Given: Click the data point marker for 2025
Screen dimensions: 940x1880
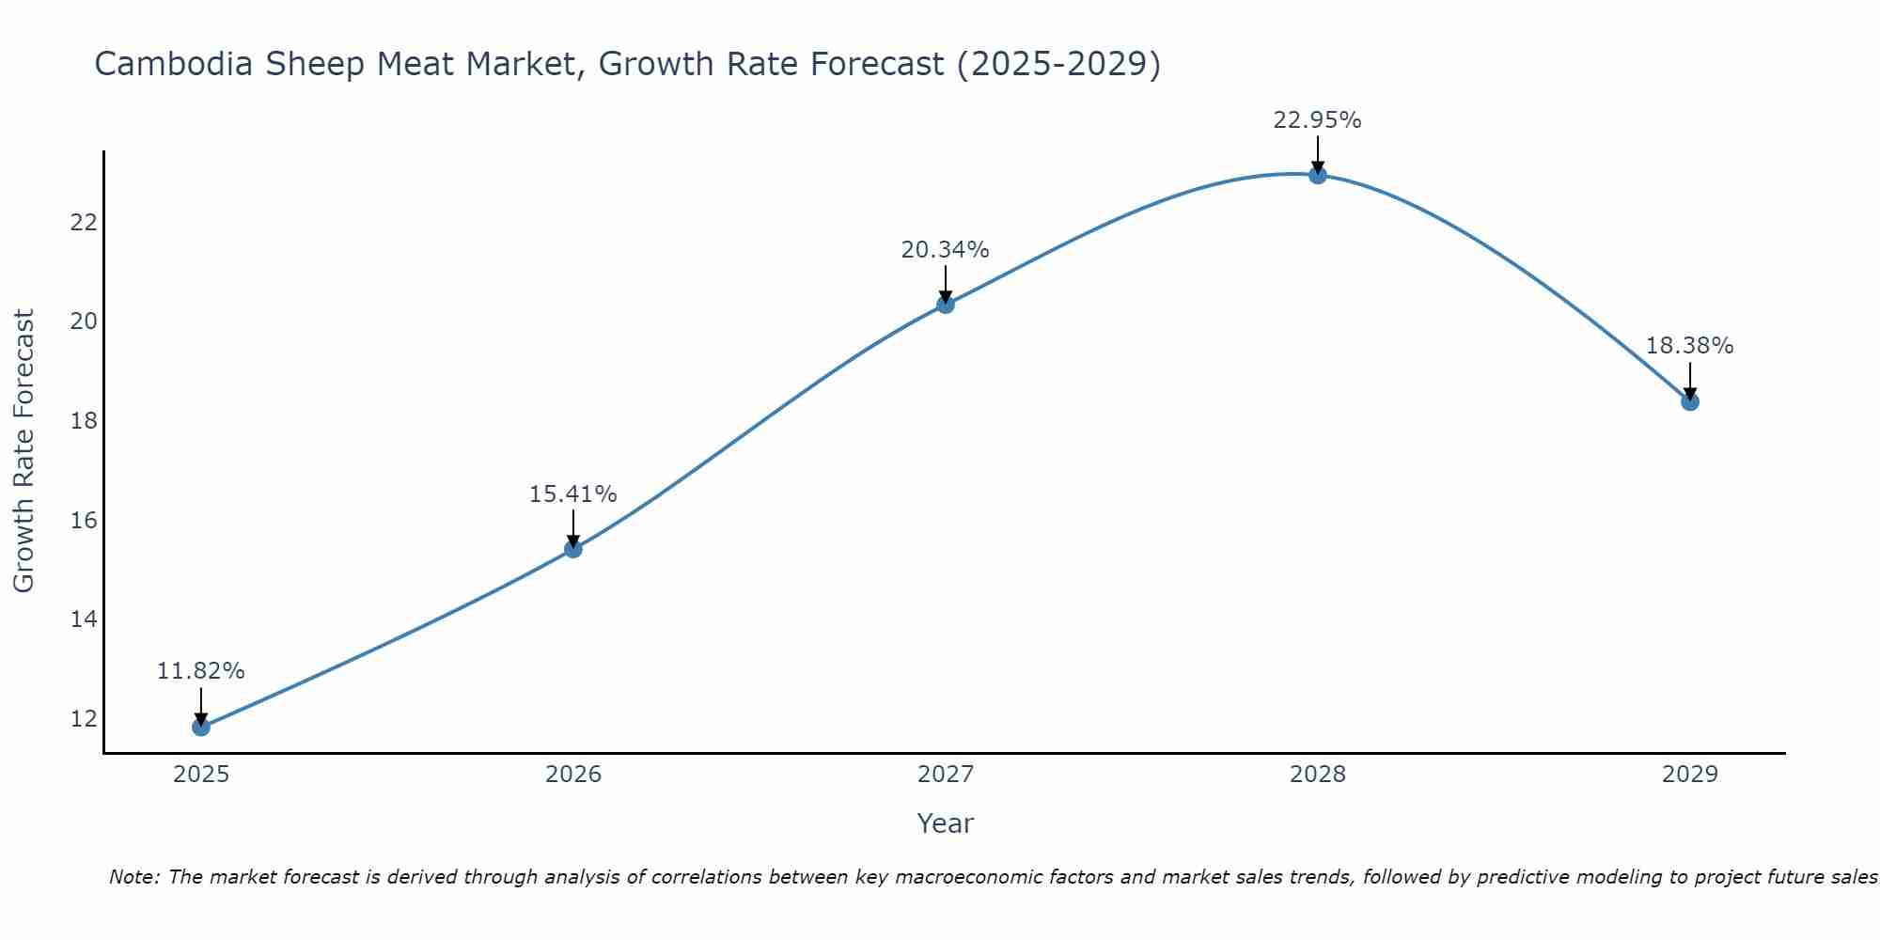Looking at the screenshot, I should pos(201,727).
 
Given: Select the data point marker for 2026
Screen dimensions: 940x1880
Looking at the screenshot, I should pos(573,549).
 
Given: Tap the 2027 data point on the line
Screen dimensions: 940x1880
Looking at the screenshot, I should pos(946,305).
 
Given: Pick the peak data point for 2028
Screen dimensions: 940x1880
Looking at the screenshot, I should pos(1318,175).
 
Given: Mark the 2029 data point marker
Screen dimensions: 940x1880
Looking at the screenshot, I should pos(1690,402).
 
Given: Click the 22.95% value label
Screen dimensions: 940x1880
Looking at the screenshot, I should pos(1317,120).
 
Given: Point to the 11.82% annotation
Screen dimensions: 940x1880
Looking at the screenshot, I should pos(200,671).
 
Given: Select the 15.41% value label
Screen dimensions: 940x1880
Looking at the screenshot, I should pos(572,494).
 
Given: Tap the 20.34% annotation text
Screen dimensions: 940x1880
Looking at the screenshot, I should pos(945,250).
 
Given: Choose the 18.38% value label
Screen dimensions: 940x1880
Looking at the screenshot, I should pos(1689,346).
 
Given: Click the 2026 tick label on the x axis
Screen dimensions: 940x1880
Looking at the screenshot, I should pos(573,775).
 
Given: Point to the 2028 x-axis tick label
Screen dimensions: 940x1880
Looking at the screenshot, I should pos(1318,775).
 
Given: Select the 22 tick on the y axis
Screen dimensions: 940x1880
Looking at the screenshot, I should pos(85,223).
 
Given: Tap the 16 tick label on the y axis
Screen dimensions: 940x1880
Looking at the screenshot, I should pos(85,520).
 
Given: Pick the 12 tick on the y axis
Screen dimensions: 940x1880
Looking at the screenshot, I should pos(85,719).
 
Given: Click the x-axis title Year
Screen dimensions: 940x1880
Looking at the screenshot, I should pos(945,823).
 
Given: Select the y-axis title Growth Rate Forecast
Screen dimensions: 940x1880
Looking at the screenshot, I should pos(23,451).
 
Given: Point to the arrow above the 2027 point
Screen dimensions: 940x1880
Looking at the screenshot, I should pos(946,282).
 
